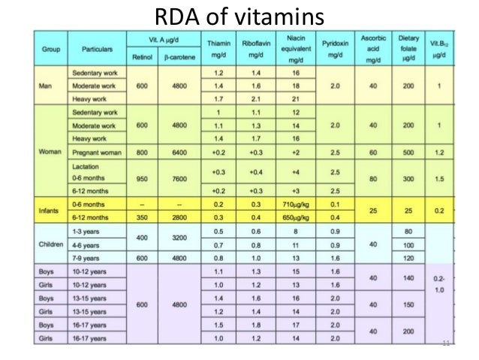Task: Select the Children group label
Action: (x=50, y=245)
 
